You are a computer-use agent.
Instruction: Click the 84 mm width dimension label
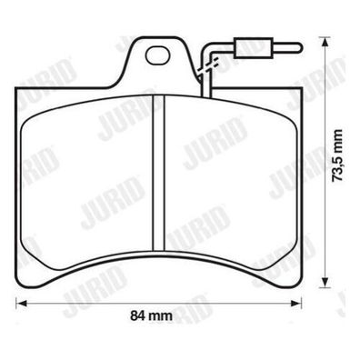pyautogui.click(x=151, y=316)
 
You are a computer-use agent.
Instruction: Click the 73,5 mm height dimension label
pyautogui.click(x=337, y=155)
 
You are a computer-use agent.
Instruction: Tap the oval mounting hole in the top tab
pyautogui.click(x=157, y=55)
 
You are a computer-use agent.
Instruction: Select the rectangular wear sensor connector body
pyautogui.click(x=254, y=47)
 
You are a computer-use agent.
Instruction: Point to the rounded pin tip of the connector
pyautogui.click(x=298, y=47)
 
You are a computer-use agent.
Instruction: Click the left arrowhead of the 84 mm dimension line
pyautogui.click(x=21, y=303)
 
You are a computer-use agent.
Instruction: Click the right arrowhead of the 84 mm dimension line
pyautogui.click(x=296, y=303)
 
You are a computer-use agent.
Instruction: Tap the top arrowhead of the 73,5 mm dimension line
pyautogui.click(x=325, y=43)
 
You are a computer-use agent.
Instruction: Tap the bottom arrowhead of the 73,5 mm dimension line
pyautogui.click(x=325, y=282)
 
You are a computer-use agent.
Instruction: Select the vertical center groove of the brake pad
pyautogui.click(x=158, y=174)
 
